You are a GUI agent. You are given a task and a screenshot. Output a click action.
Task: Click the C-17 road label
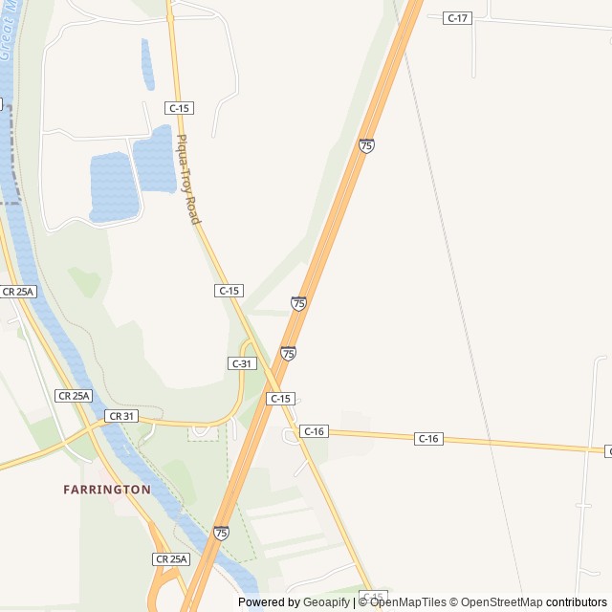[458, 18]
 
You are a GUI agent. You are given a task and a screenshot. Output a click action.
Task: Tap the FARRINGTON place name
[107, 489]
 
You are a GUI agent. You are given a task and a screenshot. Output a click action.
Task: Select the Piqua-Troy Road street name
[187, 181]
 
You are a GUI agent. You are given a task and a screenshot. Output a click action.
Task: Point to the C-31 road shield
[242, 363]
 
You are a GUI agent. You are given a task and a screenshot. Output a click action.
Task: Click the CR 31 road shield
[121, 416]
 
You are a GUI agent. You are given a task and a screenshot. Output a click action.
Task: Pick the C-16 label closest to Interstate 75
[314, 431]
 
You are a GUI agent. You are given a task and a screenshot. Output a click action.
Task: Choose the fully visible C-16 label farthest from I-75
[428, 438]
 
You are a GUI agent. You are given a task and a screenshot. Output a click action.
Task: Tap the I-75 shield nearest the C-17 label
[366, 145]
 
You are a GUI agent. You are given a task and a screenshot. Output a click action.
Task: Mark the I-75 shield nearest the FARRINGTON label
[221, 532]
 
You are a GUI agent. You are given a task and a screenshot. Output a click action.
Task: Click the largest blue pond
[113, 186]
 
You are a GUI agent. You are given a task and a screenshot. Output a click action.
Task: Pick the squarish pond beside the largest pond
[153, 158]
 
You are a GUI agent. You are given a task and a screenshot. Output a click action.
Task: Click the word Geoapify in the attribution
[326, 602]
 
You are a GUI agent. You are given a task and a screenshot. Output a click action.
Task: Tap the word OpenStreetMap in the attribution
[496, 602]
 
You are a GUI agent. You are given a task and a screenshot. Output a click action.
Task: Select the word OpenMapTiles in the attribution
[407, 602]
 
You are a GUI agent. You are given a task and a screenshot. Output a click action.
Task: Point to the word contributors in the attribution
[577, 602]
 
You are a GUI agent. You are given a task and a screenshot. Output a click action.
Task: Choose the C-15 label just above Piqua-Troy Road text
[179, 108]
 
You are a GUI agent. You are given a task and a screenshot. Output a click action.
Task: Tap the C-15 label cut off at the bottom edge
[374, 596]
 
